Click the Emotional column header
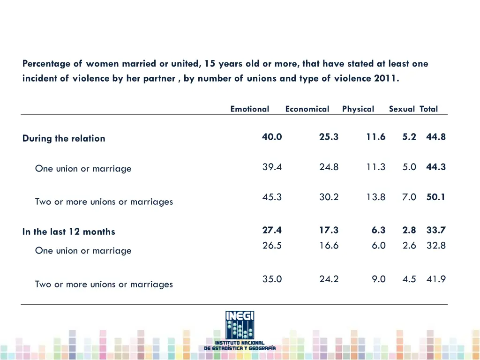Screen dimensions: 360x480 (x=249, y=109)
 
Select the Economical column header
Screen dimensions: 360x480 (x=307, y=109)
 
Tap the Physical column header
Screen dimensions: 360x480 (x=358, y=109)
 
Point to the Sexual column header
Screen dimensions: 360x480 (x=402, y=109)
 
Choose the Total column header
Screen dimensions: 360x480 (x=428, y=109)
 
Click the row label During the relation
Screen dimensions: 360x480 (x=64, y=138)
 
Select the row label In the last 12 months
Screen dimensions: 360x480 (x=68, y=232)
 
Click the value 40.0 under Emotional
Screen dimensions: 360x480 (x=272, y=137)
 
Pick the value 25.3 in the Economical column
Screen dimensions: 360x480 (x=329, y=137)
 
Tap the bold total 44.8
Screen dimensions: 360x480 (x=436, y=137)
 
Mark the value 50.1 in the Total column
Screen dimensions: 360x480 (x=436, y=197)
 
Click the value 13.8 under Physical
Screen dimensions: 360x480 (x=376, y=197)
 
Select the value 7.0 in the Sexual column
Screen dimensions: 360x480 (x=409, y=197)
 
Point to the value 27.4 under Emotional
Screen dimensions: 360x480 (x=272, y=230)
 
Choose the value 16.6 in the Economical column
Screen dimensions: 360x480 (x=329, y=245)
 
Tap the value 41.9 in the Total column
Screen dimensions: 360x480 (x=436, y=279)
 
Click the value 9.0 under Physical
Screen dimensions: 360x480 (x=379, y=279)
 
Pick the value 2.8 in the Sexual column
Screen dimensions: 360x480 (x=409, y=230)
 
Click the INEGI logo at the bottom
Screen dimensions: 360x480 (x=240, y=330)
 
